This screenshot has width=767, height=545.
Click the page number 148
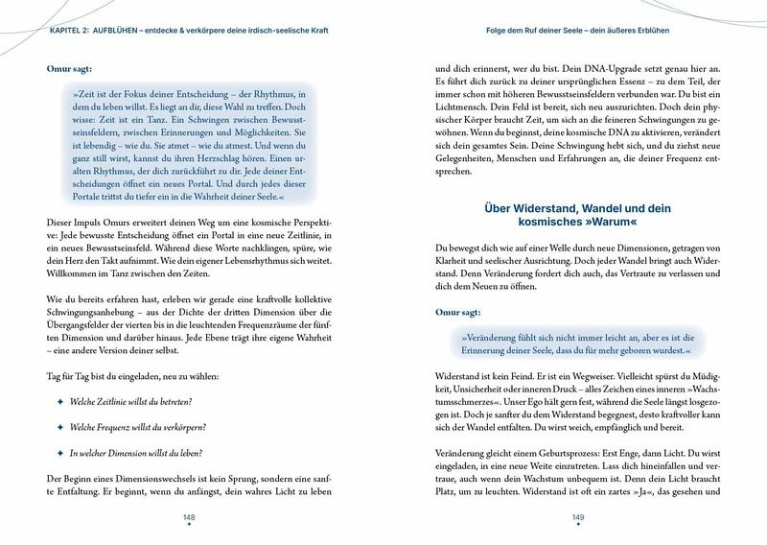[x=189, y=516]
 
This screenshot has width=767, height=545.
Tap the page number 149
[x=578, y=516]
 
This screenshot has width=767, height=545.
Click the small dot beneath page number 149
[x=578, y=526]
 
